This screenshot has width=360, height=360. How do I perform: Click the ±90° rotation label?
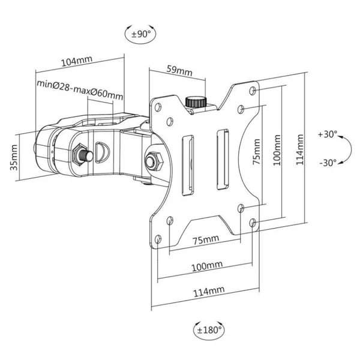click(x=141, y=34)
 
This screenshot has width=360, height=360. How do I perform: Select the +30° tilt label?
click(x=328, y=134)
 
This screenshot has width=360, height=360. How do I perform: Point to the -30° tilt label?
click(x=328, y=163)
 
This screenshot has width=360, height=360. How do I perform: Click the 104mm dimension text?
click(x=77, y=61)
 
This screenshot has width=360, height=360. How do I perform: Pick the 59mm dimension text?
click(x=179, y=71)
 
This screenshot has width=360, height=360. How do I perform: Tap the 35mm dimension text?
click(x=14, y=157)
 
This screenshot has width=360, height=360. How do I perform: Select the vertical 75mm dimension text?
click(x=257, y=152)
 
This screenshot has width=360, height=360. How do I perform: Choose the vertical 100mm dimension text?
click(x=277, y=150)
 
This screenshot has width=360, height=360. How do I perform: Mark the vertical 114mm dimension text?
click(x=299, y=149)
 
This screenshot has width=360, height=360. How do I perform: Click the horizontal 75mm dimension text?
click(x=206, y=239)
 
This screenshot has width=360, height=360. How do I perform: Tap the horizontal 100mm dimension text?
click(x=207, y=266)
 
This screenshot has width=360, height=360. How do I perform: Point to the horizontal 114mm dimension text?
click(x=209, y=292)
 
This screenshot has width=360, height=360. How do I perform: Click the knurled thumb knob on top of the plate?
click(x=196, y=102)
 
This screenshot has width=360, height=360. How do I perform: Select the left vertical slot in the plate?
click(x=188, y=166)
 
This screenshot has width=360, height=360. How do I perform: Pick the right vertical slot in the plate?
click(x=223, y=160)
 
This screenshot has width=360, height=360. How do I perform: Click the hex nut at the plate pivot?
click(x=154, y=161)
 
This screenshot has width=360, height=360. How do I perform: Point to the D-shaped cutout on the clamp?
click(x=103, y=152)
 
